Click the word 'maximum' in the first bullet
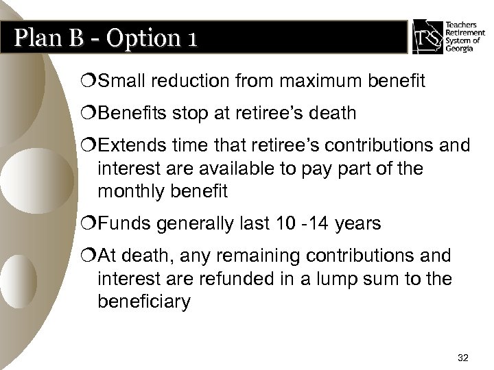pyautogui.click(x=333, y=82)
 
